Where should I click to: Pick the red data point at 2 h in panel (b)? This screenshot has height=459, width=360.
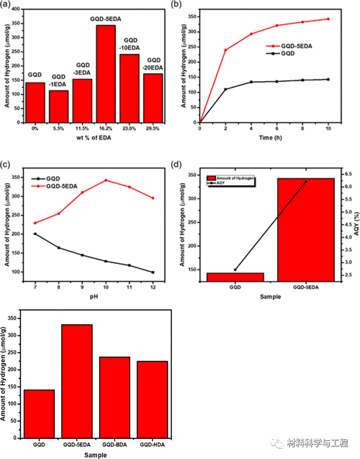[x=225, y=50]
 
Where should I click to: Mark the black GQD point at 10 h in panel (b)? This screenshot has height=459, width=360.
[x=328, y=79]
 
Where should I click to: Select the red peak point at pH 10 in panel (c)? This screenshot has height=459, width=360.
[x=106, y=180]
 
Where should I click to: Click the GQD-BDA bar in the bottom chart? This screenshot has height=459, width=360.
[x=115, y=397]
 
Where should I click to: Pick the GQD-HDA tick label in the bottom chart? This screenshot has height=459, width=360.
[x=152, y=445]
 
